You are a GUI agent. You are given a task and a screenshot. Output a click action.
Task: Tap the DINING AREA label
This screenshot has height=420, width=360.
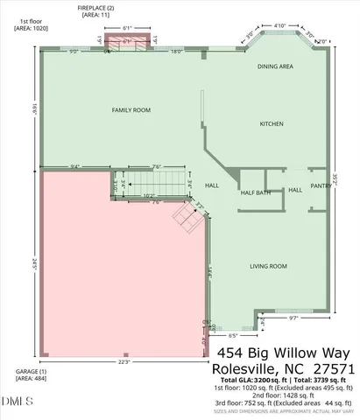point(274,66)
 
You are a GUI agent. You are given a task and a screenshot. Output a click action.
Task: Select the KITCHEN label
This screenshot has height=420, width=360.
point(271,123)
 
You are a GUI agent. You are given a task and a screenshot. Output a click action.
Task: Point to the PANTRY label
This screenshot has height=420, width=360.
point(321,185)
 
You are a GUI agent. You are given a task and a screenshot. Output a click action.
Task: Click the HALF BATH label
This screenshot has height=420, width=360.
point(257,192)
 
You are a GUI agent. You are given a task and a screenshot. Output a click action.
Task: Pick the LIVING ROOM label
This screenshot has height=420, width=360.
point(269,266)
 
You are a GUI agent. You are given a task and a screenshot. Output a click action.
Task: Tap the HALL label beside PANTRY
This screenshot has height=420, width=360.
point(295,189)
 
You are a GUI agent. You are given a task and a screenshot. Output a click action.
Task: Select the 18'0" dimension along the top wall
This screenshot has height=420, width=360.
point(176,52)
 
